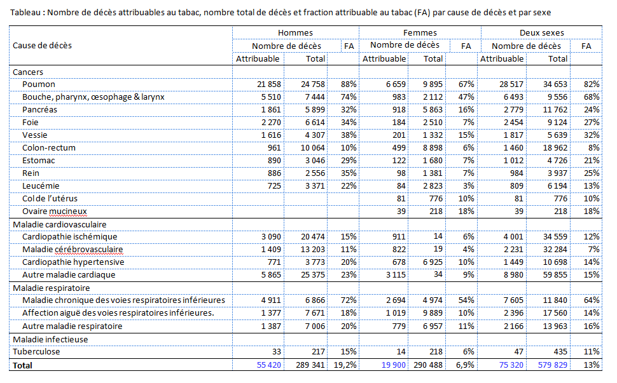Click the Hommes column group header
click(295, 32)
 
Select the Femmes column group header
click(420, 32)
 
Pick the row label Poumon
click(39, 84)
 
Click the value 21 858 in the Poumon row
click(265, 84)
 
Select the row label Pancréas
click(41, 110)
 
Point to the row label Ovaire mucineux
click(54, 212)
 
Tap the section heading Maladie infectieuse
click(50, 339)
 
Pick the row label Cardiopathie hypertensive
click(73, 262)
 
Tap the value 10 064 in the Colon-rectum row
click(310, 148)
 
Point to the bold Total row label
click(22, 365)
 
